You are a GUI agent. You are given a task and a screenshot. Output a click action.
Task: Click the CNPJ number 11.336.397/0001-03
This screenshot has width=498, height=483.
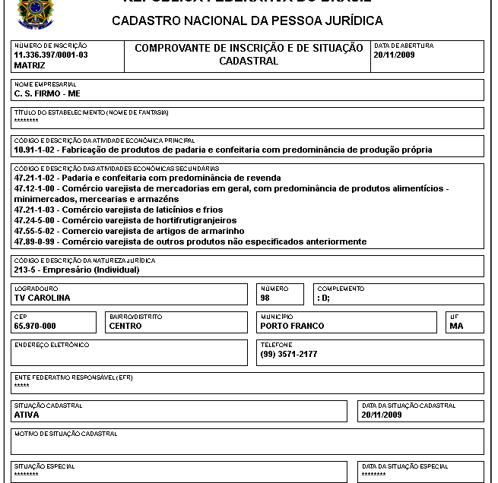51,55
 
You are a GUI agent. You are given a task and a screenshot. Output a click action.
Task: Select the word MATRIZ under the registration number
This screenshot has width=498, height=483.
30,65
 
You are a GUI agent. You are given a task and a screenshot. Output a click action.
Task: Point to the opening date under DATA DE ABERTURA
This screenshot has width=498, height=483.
394,55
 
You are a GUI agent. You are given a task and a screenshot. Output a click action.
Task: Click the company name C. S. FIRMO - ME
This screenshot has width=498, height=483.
47,94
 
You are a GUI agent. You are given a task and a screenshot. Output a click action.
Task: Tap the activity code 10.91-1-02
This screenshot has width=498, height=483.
35,150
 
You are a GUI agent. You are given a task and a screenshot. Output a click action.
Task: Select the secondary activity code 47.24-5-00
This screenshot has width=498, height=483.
35,220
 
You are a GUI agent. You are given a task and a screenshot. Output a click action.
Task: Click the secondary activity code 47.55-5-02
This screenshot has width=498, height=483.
35,231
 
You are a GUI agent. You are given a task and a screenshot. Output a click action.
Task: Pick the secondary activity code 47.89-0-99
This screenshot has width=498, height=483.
35,241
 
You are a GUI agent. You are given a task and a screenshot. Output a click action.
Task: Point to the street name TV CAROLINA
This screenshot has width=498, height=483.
42,298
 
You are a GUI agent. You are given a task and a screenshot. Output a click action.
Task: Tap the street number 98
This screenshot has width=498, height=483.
265,298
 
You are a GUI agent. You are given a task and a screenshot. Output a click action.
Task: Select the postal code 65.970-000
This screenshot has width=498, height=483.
35,326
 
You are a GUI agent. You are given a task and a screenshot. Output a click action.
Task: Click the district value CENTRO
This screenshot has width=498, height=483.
125,326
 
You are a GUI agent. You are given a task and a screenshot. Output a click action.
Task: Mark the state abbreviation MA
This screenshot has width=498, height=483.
456,326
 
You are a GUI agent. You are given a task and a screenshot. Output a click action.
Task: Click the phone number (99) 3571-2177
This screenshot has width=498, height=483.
289,354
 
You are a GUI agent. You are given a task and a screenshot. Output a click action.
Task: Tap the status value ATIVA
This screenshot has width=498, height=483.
27,415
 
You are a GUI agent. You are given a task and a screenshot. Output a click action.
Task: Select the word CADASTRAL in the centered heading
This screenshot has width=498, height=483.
249,61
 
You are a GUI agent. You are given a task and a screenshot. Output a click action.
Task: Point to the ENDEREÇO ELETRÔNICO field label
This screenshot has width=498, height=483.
52,345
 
